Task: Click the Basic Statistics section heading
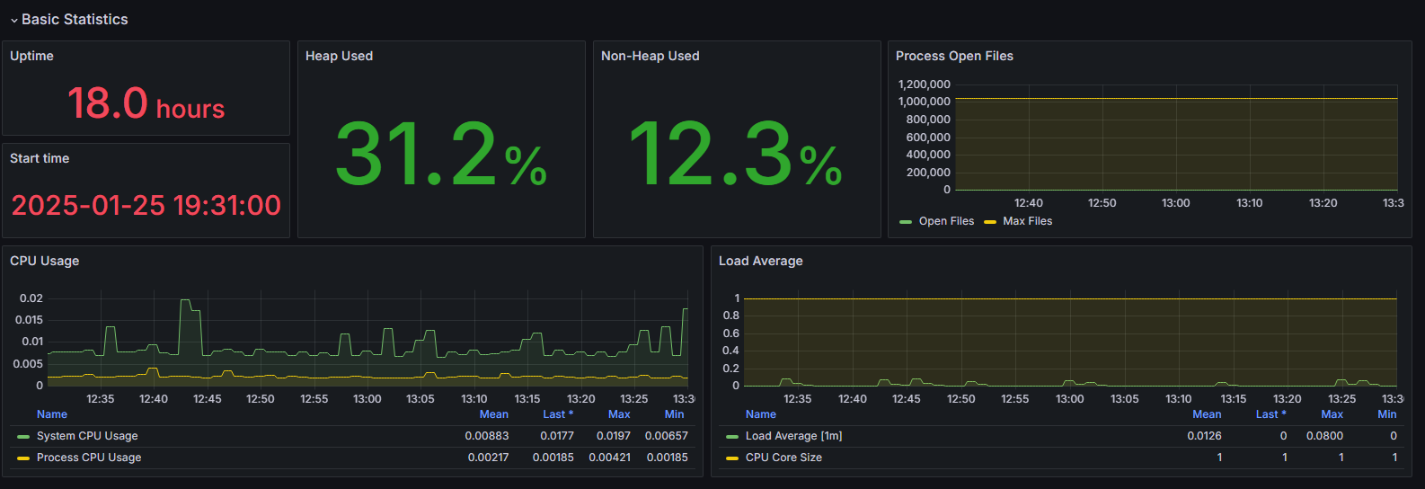pos(75,19)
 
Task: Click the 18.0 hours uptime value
pos(146,103)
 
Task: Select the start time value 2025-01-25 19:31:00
pos(146,205)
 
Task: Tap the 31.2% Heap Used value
pos(440,155)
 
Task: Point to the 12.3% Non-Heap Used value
pos(735,155)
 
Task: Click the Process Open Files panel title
pos(954,56)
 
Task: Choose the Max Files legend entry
pos(1027,221)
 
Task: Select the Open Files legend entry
pos(946,221)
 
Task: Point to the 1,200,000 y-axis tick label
pos(924,84)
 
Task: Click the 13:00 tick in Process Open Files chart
pos(1175,203)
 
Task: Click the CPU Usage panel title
pos(45,261)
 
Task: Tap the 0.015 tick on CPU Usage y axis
pos(29,320)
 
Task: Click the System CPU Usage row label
pos(87,436)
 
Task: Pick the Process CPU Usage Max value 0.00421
pos(609,458)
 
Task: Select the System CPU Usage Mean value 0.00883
pos(486,436)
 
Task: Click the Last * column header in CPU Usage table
pos(557,414)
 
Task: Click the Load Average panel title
pos(761,261)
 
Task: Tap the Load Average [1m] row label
pos(793,436)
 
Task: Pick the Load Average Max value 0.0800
pos(1324,436)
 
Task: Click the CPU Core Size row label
pos(783,458)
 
